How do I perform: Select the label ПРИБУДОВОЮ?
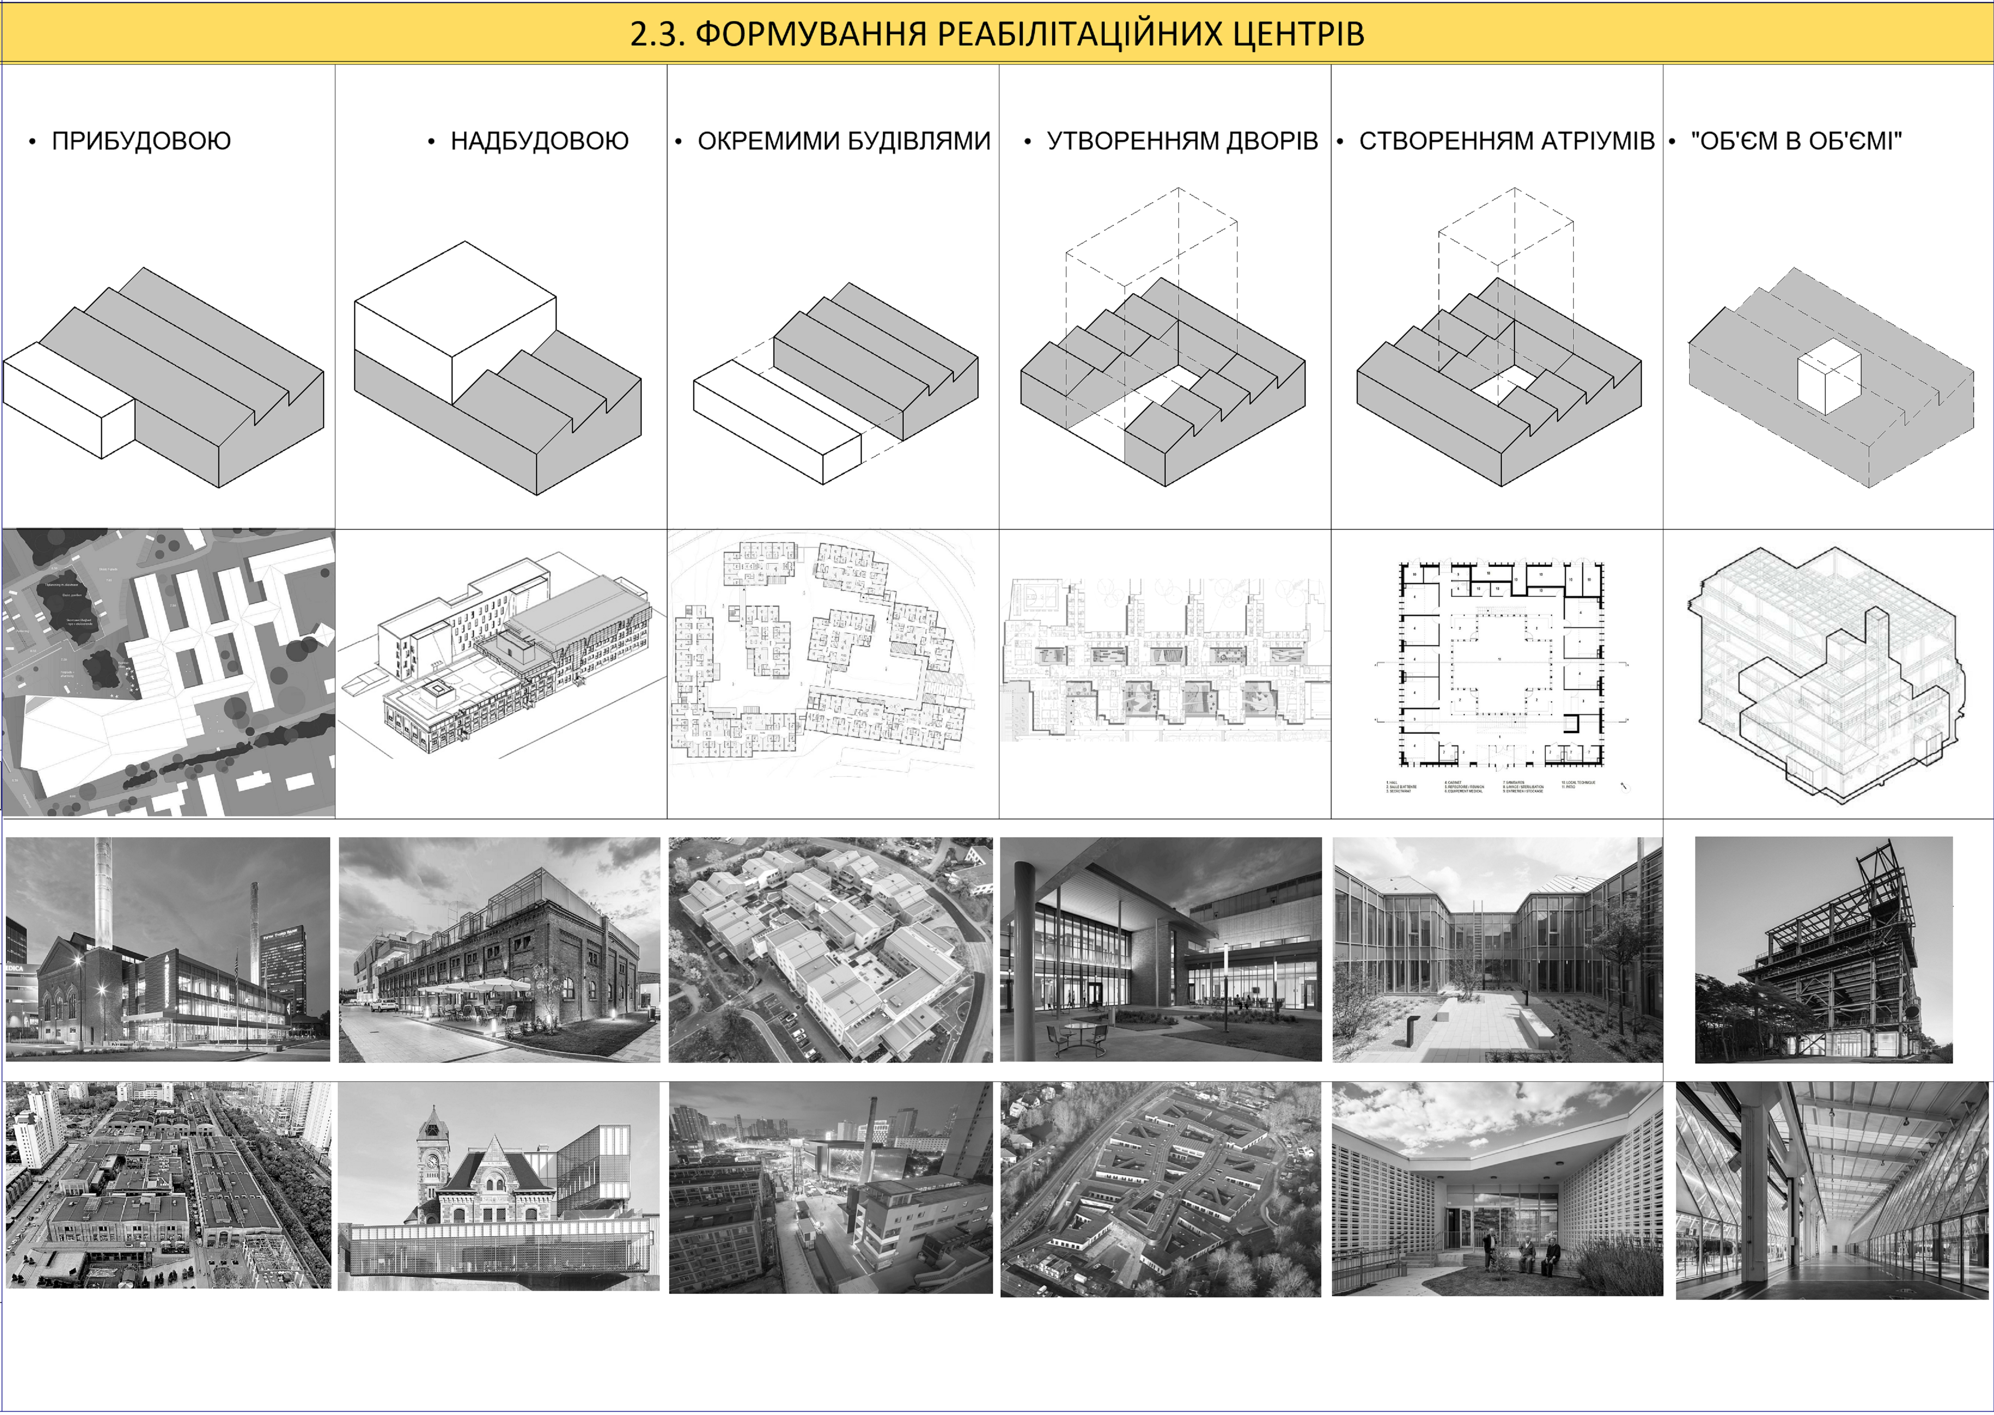click(x=141, y=141)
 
